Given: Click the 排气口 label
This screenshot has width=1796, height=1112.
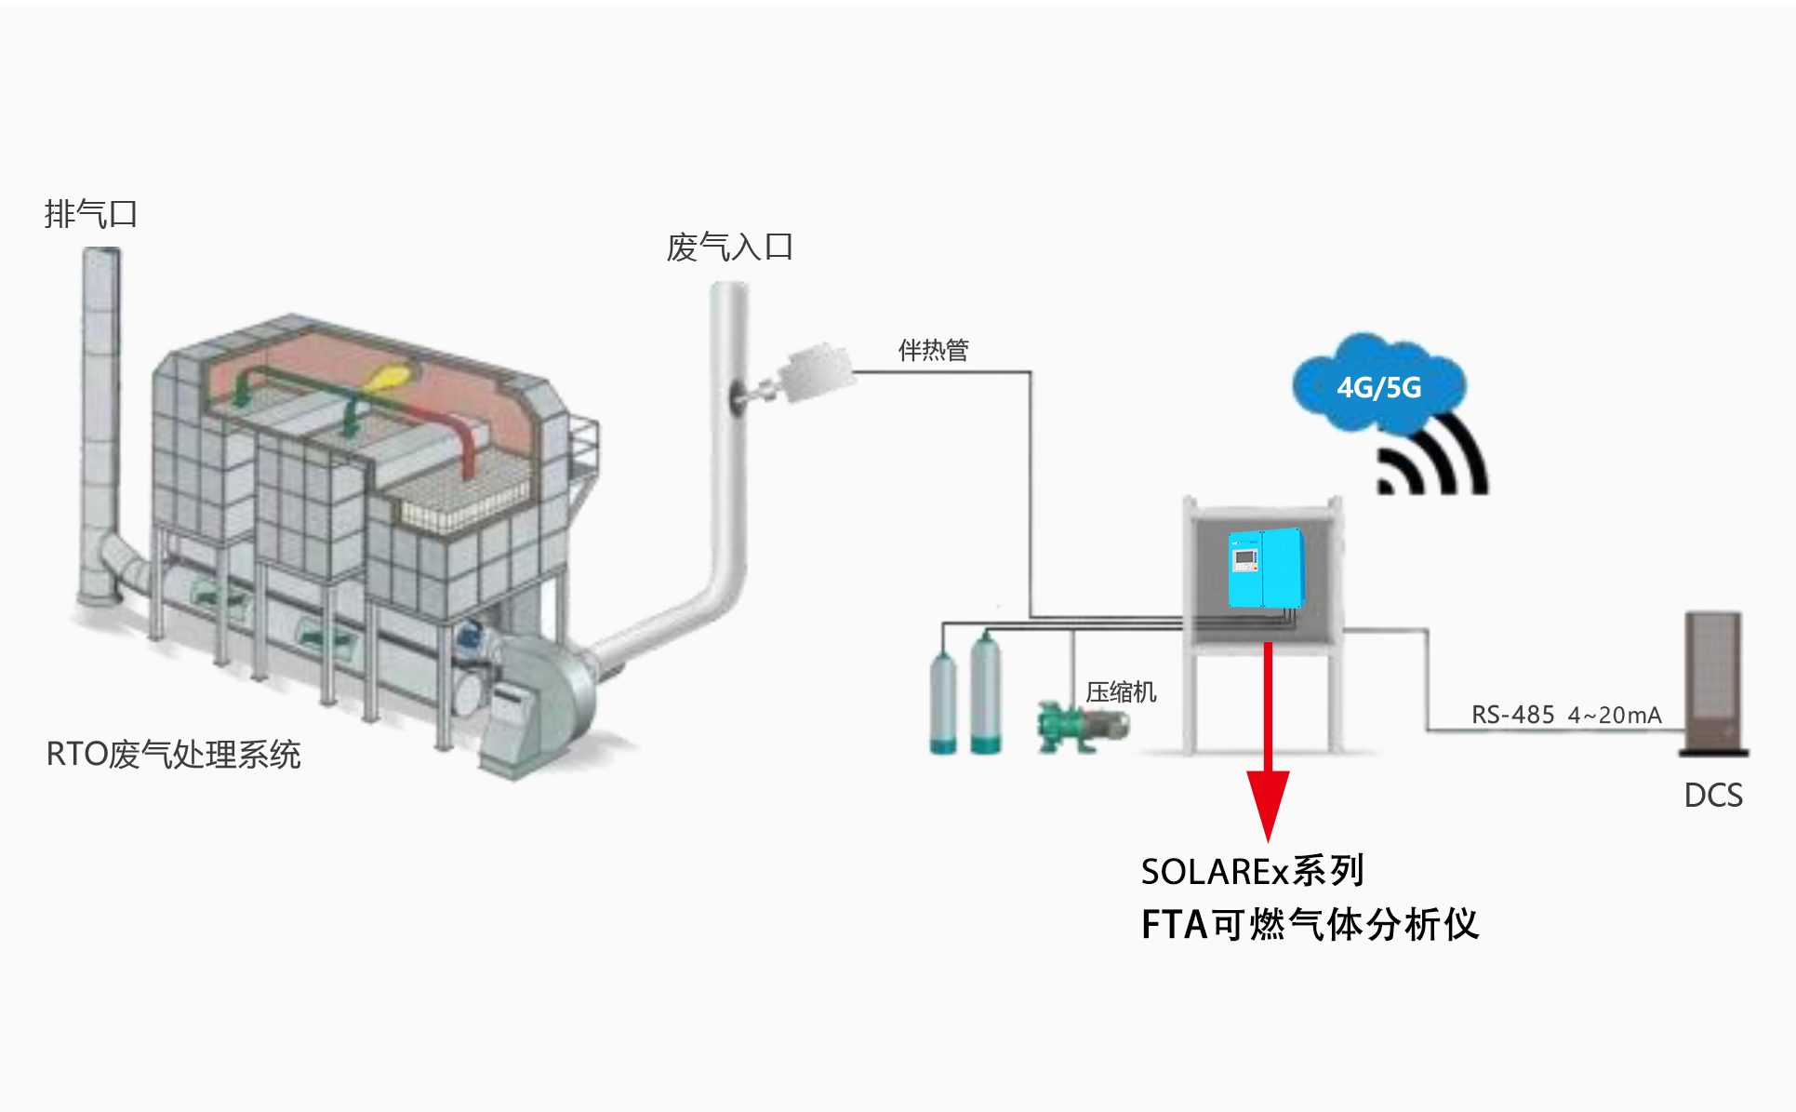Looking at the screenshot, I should coord(91,214).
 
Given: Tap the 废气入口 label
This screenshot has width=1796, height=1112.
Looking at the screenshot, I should coord(729,248).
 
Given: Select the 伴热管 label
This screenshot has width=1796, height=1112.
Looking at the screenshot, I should coord(933,351).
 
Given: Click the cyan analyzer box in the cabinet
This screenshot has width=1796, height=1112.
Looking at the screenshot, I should coord(1266,567).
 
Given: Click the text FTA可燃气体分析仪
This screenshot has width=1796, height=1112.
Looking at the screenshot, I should coord(1309,925).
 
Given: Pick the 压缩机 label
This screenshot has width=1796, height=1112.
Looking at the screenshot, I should coord(1121,692).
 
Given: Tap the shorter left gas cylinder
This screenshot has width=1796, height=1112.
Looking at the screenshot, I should coord(943,703).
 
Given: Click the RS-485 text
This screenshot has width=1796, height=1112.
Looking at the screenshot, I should coord(1512,715).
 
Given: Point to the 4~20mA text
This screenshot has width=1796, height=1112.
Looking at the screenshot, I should coord(1615,715).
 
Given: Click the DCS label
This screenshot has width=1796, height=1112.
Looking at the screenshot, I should coord(1713,796).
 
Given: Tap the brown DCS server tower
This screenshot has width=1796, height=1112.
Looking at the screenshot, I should coord(1714,682).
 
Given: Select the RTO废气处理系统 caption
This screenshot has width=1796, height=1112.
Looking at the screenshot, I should coord(173,755).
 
